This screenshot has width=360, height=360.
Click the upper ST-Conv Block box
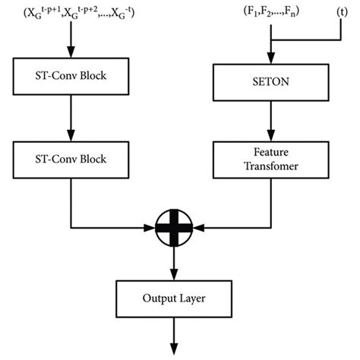[x=71, y=77]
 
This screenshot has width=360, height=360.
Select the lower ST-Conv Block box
[x=71, y=160]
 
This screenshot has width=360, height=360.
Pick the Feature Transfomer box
[x=271, y=159]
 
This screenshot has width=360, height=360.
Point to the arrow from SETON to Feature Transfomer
[x=271, y=118]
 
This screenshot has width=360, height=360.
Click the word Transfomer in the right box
[x=271, y=166]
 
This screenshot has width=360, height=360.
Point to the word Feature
[x=271, y=152]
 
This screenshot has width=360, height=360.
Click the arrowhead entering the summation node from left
[x=150, y=227]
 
